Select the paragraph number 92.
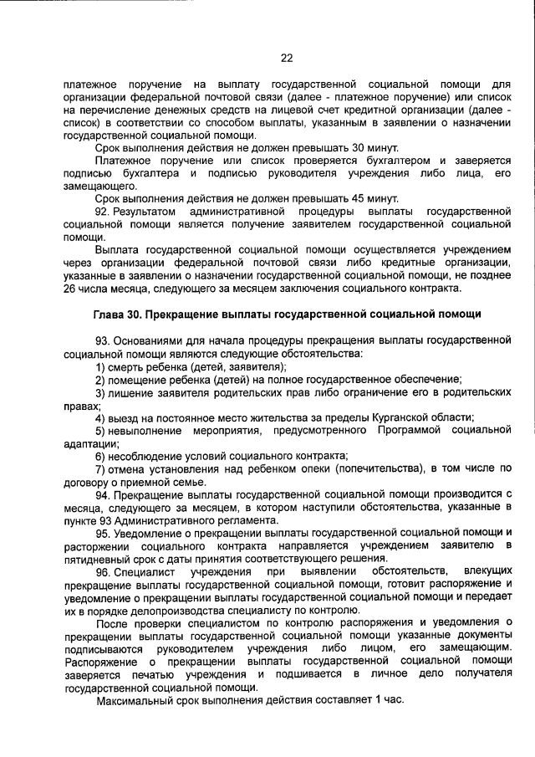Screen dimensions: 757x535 [104, 212]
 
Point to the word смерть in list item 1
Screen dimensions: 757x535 [128, 367]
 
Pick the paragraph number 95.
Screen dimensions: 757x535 [104, 533]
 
